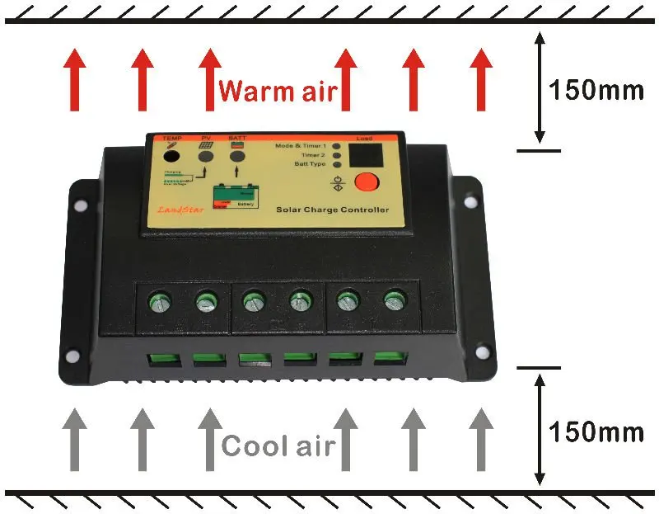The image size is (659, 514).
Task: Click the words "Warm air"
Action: coord(278,90)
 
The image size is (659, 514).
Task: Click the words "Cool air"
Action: coord(278,446)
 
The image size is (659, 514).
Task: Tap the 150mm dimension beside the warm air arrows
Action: coord(596,90)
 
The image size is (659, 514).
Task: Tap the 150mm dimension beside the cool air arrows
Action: coord(596,431)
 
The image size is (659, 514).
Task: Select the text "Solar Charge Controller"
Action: coord(332,210)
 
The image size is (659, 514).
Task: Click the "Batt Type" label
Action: coord(311,164)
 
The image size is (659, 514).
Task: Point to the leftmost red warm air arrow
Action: coord(76,79)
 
